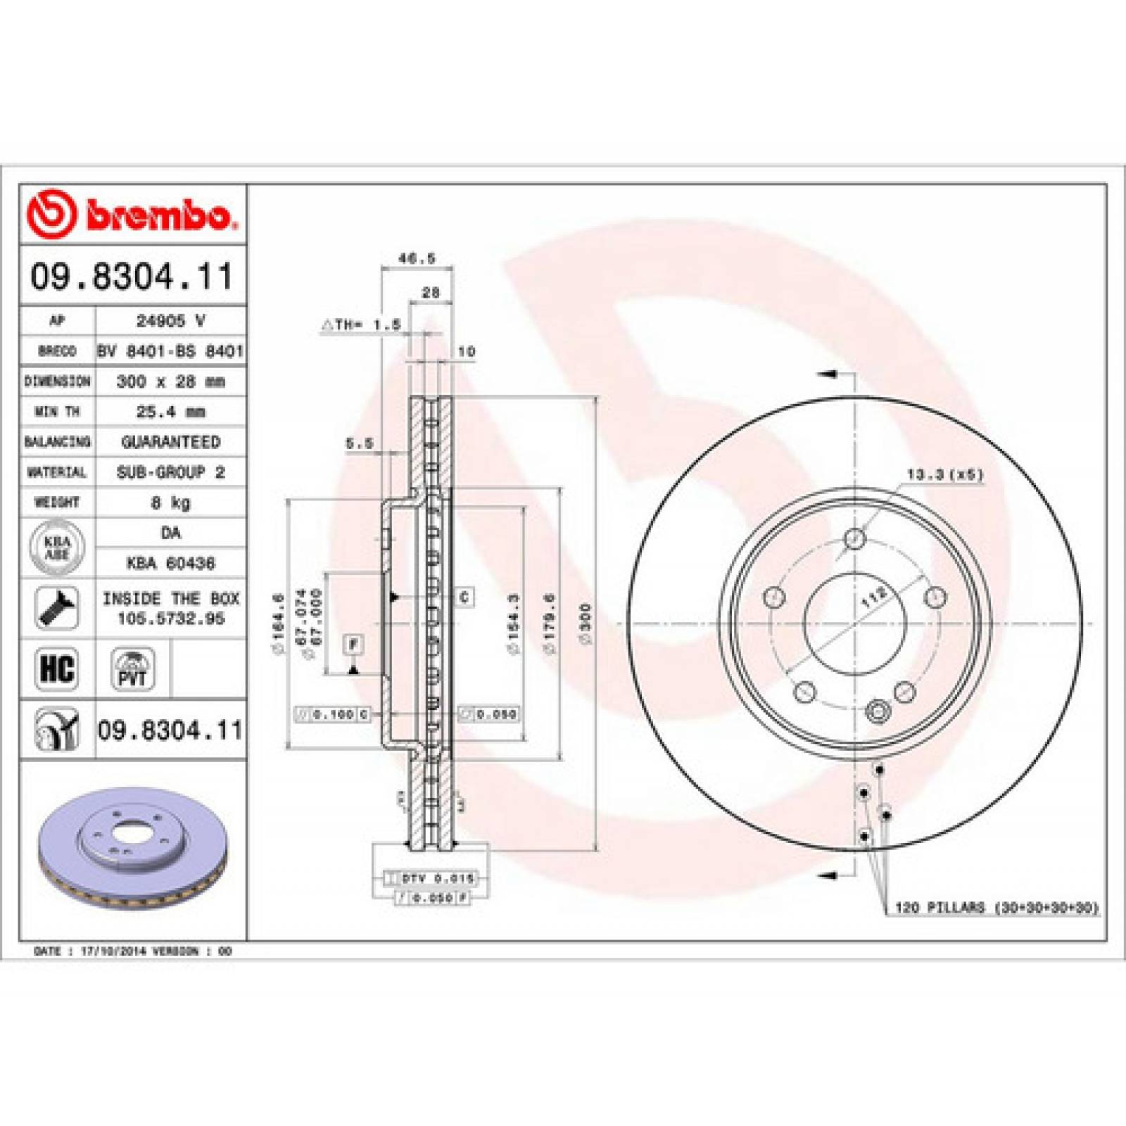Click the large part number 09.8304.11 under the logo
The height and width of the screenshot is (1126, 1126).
pyautogui.click(x=132, y=277)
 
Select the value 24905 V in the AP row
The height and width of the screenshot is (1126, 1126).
pyautogui.click(x=170, y=321)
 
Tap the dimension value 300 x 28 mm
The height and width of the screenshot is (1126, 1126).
pyautogui.click(x=170, y=381)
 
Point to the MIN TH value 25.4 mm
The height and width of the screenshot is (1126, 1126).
pyautogui.click(x=170, y=412)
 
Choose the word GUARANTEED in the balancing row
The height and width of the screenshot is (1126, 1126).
pyautogui.click(x=170, y=442)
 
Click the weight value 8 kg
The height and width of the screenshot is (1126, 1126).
pyautogui.click(x=170, y=502)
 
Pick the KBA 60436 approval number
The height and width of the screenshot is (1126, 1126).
pyautogui.click(x=170, y=563)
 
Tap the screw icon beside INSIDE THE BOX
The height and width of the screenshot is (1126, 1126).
pyautogui.click(x=56, y=608)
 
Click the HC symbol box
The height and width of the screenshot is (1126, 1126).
pyautogui.click(x=56, y=669)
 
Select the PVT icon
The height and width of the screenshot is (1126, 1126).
pyautogui.click(x=132, y=669)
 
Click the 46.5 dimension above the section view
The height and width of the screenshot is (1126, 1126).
pyautogui.click(x=417, y=258)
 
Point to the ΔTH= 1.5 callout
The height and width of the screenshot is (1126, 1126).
pyautogui.click(x=362, y=324)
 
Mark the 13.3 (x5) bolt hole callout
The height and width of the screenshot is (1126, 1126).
pyautogui.click(x=944, y=475)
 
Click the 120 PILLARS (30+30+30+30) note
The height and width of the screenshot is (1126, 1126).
pyautogui.click(x=996, y=908)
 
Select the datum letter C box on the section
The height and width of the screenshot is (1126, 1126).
pyautogui.click(x=464, y=597)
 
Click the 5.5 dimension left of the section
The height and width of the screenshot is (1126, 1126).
pyautogui.click(x=359, y=443)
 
